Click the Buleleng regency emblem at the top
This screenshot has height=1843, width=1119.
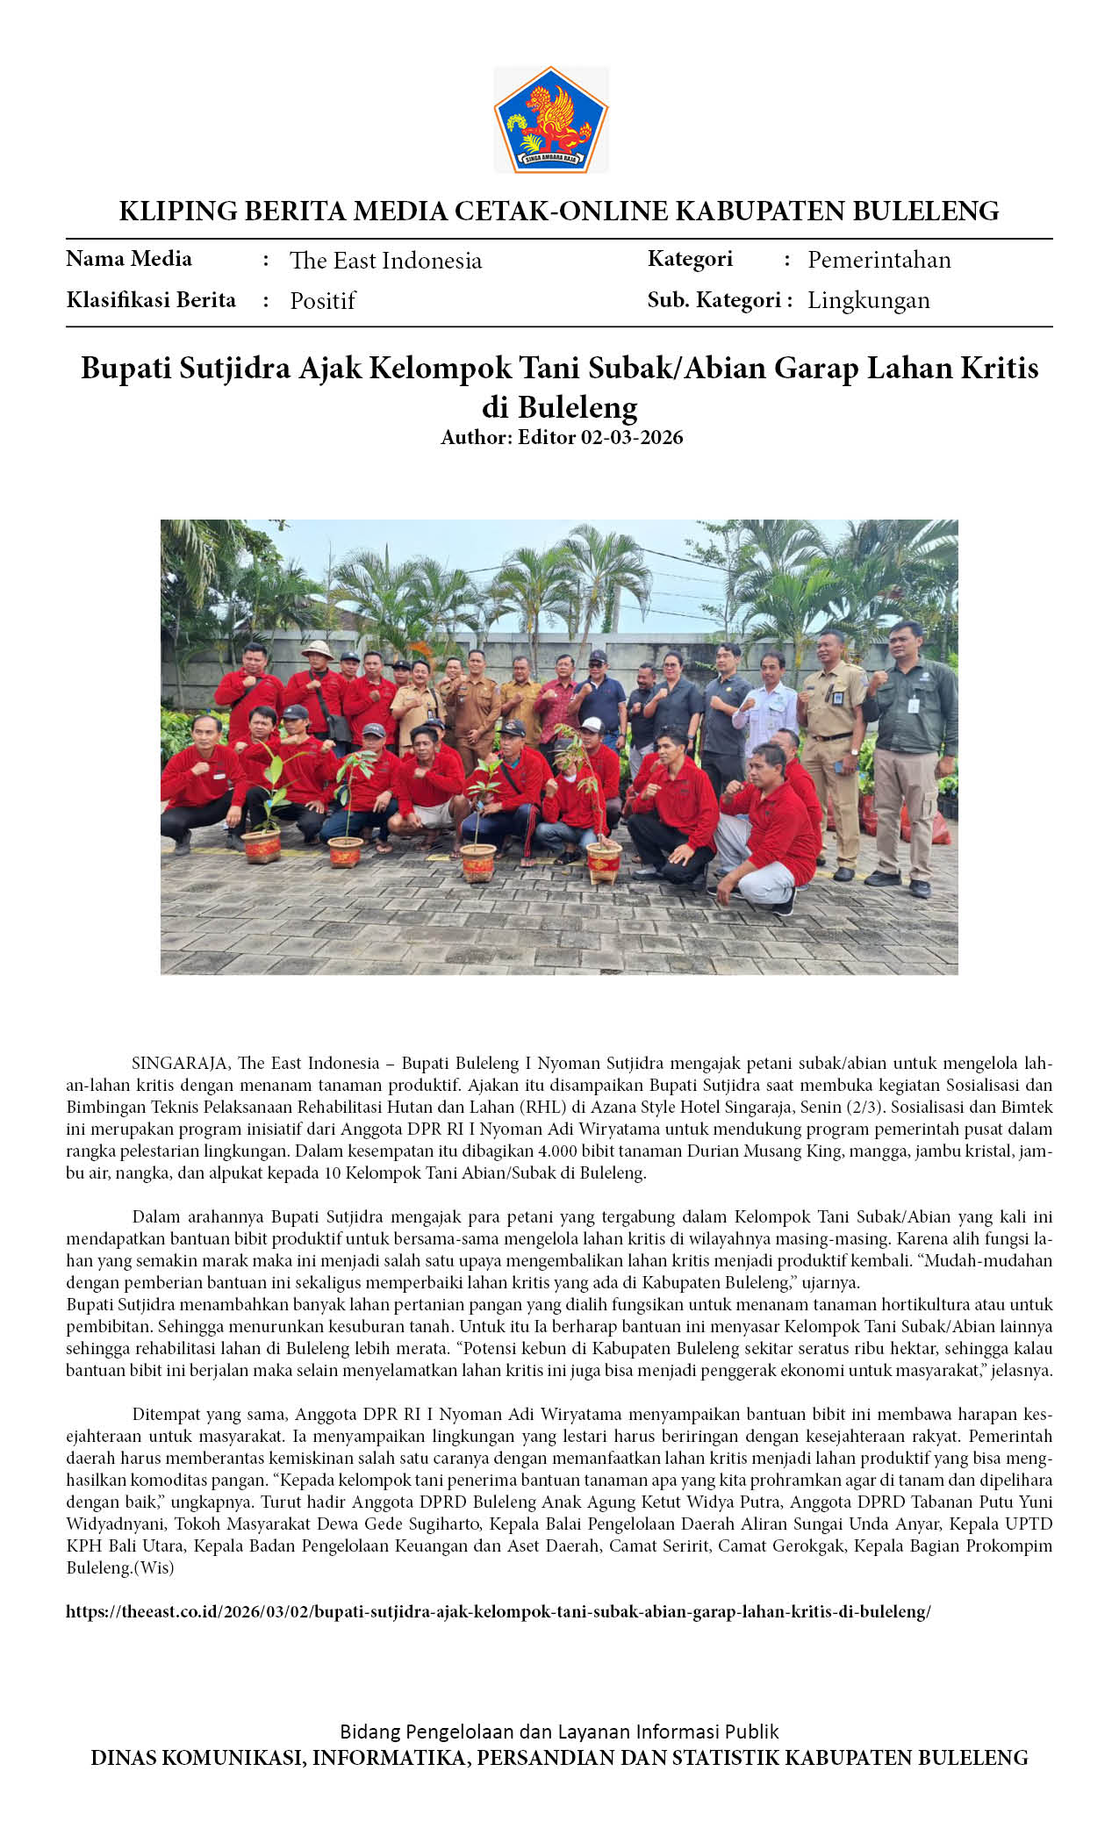pyautogui.click(x=551, y=119)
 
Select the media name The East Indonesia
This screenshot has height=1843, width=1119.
pyautogui.click(x=385, y=260)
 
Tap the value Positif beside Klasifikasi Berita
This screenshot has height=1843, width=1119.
pyautogui.click(x=322, y=300)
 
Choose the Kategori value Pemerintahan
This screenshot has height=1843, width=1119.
pyautogui.click(x=879, y=259)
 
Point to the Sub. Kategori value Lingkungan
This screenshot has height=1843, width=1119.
pyautogui.click(x=868, y=299)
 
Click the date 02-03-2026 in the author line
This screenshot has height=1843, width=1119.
pyautogui.click(x=632, y=437)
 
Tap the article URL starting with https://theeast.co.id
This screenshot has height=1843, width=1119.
pyautogui.click(x=498, y=1611)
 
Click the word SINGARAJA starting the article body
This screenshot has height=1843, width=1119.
pyautogui.click(x=180, y=1063)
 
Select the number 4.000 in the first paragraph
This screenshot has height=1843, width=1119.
pyautogui.click(x=558, y=1151)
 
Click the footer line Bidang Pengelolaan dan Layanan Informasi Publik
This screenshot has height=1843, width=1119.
pyautogui.click(x=559, y=1731)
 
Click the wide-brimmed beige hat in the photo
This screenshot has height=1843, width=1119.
pyautogui.click(x=317, y=649)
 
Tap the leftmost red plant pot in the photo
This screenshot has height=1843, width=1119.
pyautogui.click(x=262, y=846)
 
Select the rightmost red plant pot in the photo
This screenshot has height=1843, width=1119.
pyautogui.click(x=604, y=861)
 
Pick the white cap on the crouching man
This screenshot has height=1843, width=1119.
pyautogui.click(x=592, y=724)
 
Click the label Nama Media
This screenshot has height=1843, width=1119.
pyautogui.click(x=129, y=259)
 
